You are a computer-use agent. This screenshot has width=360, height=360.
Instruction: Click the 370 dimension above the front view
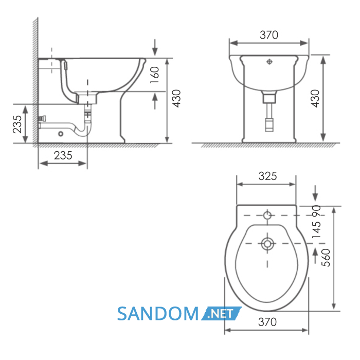269,35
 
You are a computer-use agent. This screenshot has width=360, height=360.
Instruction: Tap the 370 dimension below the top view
267,322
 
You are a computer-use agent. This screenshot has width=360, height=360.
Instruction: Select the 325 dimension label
267,176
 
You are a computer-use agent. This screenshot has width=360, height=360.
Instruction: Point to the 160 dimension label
154,75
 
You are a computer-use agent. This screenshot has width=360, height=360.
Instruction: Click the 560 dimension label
326,258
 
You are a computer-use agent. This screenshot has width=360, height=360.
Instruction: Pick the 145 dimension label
316,230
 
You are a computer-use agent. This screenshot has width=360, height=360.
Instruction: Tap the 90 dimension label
316,211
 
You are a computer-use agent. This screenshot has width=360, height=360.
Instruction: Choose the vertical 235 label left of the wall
17,124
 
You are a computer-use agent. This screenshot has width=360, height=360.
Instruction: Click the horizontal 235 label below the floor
63,155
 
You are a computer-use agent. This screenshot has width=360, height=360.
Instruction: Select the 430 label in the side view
176,99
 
